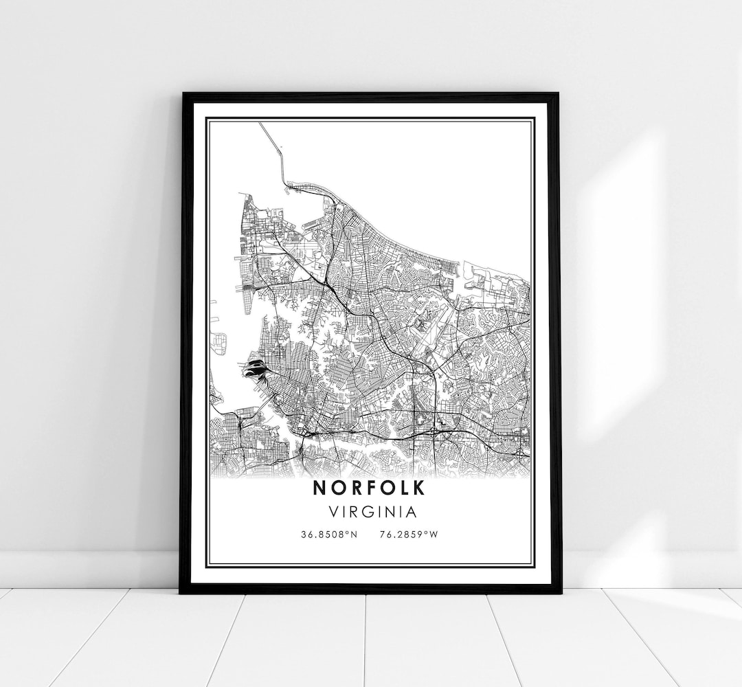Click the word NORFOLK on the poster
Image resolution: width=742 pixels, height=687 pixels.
369,488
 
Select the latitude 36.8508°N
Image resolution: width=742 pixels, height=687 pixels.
328,533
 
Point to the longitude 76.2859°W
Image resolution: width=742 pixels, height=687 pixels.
408,533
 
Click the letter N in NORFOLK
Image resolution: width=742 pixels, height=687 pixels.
319,488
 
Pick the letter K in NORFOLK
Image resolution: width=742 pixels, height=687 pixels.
419,488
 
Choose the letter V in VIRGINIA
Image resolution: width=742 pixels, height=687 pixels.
333,512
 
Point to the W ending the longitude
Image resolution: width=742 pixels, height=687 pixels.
433,533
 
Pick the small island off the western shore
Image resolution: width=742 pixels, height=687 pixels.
219,340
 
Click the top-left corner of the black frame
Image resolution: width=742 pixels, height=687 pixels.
183,94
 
